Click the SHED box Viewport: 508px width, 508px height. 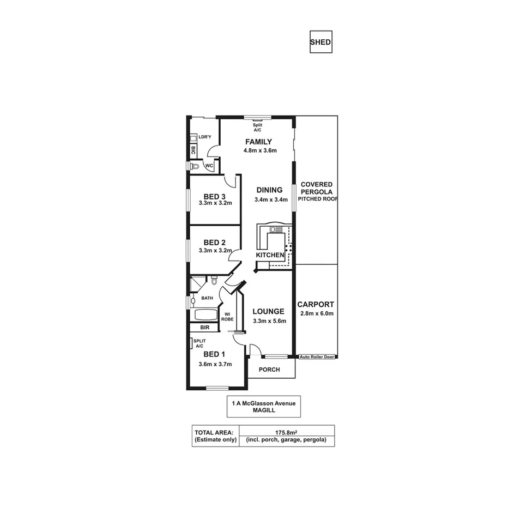click(320, 42)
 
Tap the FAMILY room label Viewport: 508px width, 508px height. click(258, 142)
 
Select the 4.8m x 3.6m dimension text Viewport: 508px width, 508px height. click(260, 150)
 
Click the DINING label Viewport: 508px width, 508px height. click(269, 190)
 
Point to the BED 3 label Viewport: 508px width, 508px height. click(215, 196)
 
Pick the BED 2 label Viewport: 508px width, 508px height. click(215, 243)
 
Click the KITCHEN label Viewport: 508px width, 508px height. click(270, 255)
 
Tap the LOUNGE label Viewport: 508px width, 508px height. click(269, 312)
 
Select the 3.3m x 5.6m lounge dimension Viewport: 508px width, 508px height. click(269, 320)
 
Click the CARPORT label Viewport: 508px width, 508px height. click(316, 305)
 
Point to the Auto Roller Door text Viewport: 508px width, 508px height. click(318, 357)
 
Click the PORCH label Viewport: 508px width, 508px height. click(269, 370)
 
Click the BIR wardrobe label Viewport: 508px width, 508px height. click(205, 328)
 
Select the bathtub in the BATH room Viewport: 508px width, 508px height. click(205, 315)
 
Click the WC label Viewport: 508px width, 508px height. click(209, 166)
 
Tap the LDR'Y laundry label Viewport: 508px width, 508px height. click(204, 137)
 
